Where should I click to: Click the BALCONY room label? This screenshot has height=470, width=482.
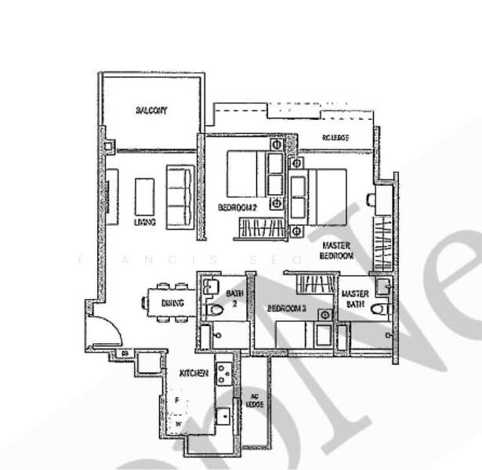151,110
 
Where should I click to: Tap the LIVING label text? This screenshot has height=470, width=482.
145,222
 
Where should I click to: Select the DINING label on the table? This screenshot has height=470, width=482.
172,303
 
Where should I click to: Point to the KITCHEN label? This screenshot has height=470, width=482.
193,374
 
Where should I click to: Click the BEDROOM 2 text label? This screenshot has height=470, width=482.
238,208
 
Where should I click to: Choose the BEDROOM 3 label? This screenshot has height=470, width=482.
286,309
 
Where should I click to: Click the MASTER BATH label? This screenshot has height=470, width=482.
355,299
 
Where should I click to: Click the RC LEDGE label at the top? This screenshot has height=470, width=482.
335,139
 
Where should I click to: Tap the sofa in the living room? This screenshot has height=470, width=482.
179,196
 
